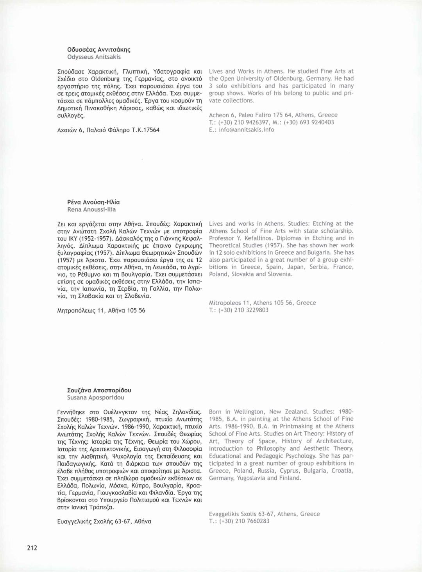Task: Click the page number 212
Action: (32, 548)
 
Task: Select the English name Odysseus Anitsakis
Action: (94, 57)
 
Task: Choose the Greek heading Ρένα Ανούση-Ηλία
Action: (93, 202)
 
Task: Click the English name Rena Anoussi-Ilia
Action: (91, 210)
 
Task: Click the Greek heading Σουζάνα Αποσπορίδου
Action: (99, 390)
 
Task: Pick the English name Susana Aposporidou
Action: (96, 398)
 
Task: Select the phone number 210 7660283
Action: (250, 521)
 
